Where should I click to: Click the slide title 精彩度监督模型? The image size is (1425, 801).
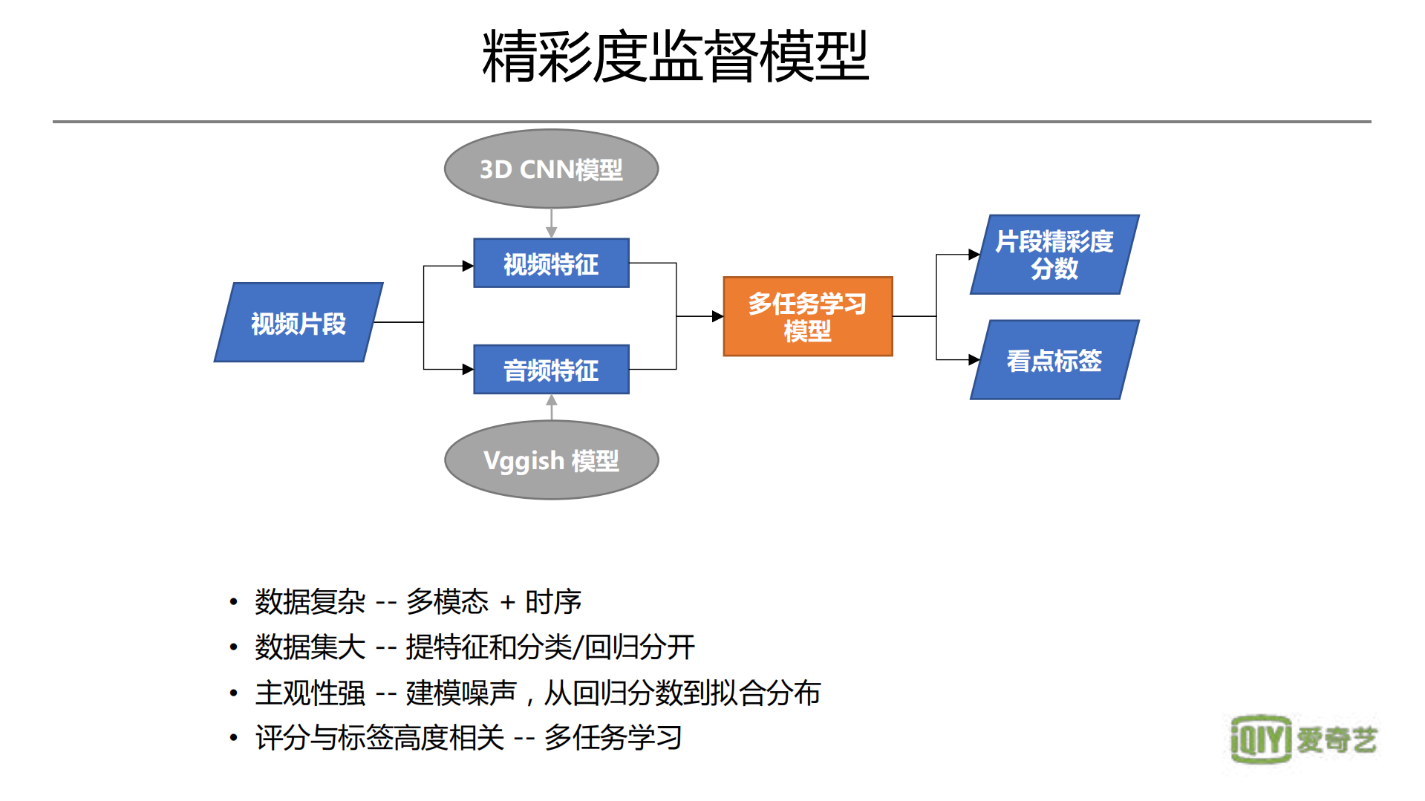674,56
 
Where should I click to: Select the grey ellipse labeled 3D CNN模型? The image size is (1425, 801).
551,169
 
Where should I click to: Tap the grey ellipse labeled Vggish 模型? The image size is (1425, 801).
551,460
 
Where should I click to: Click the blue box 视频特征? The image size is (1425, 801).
551,264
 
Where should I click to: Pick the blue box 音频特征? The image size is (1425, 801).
551,370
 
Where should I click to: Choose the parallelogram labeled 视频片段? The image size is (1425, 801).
299,323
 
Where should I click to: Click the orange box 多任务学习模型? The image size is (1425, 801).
807,317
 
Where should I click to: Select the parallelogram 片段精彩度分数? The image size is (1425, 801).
1054,255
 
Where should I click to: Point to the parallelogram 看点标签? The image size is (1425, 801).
1054,360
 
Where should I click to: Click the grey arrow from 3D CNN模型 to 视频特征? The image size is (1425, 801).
551,223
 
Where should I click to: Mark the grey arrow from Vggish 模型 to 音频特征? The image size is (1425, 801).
551,407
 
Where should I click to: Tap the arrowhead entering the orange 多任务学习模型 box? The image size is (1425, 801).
717,316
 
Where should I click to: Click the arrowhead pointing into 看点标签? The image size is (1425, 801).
974,360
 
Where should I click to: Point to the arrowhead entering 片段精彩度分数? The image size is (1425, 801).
974,255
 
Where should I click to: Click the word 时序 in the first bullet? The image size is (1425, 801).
553,602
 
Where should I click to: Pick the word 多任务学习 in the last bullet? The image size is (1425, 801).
613,738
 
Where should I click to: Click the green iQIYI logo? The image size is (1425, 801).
1260,739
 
